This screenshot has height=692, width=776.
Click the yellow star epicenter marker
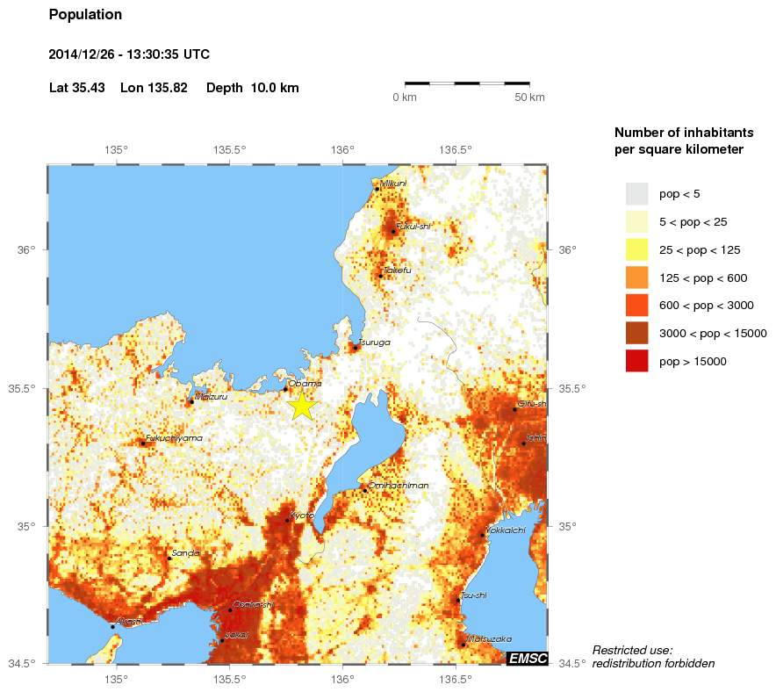coord(301,405)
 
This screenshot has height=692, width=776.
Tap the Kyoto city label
coord(302,515)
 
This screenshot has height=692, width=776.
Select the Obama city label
coord(305,383)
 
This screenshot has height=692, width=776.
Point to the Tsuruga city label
coord(374,342)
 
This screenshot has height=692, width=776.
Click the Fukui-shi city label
coord(413,226)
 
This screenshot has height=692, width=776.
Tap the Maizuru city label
coord(211,396)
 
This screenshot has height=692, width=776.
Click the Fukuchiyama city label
coord(174,437)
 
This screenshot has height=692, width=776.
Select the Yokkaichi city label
coord(506,530)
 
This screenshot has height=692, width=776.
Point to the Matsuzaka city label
coord(489,638)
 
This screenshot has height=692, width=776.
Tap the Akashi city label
coord(130,621)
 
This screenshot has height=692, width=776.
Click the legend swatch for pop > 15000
coord(636,361)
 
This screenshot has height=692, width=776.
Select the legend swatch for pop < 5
coord(636,193)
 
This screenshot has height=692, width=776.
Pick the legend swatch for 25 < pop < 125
coord(636,249)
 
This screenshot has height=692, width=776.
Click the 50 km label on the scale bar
coord(529,97)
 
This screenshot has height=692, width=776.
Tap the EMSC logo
coord(528,658)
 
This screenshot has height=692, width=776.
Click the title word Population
coord(85,15)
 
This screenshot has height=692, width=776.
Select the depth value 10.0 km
coord(275,88)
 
